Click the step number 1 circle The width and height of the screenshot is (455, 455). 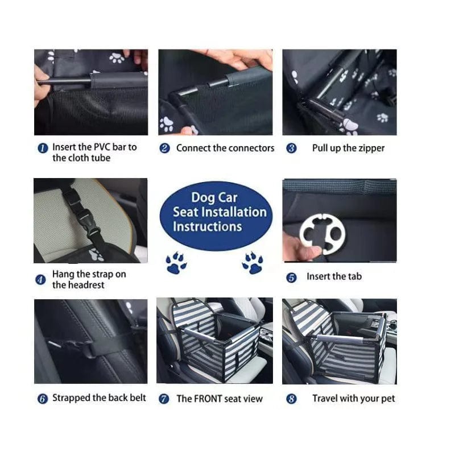[x=42, y=148]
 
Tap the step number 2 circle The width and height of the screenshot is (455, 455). [x=164, y=148]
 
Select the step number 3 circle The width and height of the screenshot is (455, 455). [x=291, y=148]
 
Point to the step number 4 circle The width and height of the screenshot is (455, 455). [x=40, y=280]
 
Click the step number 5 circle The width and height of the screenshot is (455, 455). [x=291, y=278]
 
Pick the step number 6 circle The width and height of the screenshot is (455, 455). [x=42, y=399]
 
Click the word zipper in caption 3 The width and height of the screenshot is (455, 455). [x=371, y=148]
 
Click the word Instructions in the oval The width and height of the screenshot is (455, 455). [x=207, y=226]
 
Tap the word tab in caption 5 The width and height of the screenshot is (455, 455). [x=354, y=277]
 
